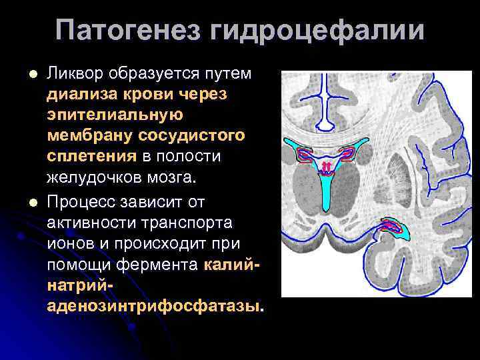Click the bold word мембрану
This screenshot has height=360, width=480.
[x=90, y=136]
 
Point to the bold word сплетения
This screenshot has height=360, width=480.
[x=91, y=157]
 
